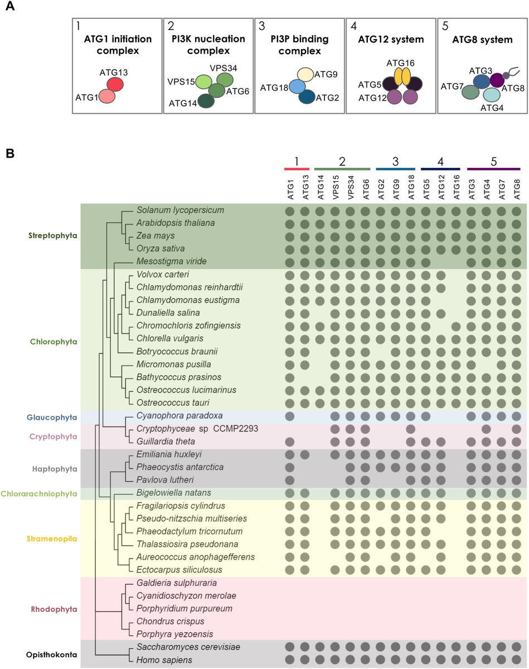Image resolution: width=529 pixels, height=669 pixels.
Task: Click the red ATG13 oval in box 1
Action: [115, 84]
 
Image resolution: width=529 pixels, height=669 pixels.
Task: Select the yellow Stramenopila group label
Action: [52, 539]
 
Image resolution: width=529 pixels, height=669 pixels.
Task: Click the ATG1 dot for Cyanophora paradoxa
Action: [290, 416]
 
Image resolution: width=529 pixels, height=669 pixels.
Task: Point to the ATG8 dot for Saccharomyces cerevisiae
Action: [516, 647]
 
